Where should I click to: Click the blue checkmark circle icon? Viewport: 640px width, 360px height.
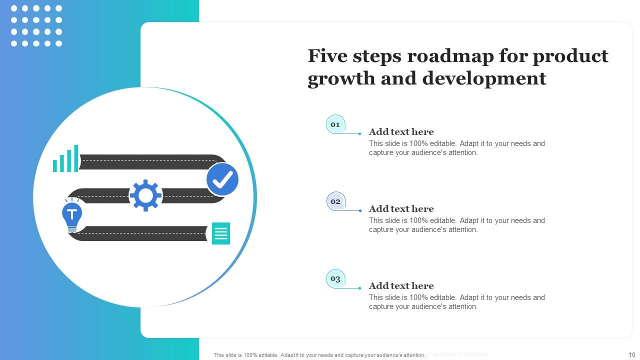click(x=222, y=179)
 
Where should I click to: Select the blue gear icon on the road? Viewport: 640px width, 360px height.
click(x=145, y=195)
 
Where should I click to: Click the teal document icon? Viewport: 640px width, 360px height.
click(x=221, y=233)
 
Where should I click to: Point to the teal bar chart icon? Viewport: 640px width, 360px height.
click(x=66, y=159)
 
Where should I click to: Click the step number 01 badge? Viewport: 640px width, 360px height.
click(x=335, y=124)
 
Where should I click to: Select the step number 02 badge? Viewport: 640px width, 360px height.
click(x=335, y=201)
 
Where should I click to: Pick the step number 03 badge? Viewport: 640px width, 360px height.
click(x=335, y=278)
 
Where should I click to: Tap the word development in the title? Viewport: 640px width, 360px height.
click(x=484, y=78)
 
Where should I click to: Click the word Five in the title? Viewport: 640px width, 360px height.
click(x=329, y=56)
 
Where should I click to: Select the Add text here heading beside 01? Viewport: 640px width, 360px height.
click(x=401, y=132)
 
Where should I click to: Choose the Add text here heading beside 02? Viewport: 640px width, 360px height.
click(x=401, y=209)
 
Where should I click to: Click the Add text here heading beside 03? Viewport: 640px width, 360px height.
click(x=401, y=286)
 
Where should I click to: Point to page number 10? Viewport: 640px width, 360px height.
click(x=631, y=354)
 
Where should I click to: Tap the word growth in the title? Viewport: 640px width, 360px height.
click(x=339, y=78)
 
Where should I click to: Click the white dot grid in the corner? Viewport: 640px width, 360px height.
click(x=36, y=26)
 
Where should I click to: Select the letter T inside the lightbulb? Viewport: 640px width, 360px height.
click(x=72, y=214)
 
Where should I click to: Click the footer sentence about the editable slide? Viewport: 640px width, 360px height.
click(x=319, y=355)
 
